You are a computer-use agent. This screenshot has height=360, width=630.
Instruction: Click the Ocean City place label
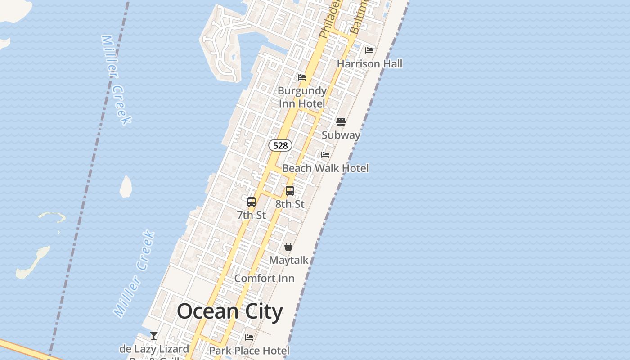229,311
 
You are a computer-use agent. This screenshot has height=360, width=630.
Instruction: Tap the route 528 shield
280,145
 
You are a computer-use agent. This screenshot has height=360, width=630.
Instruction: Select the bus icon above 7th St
252,202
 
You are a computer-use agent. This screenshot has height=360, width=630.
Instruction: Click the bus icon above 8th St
290,191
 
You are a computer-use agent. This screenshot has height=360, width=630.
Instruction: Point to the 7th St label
252,215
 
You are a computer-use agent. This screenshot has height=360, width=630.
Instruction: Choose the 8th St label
290,204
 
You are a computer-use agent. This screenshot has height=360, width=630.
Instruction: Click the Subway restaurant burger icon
341,122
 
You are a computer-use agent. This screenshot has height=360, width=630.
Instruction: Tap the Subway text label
341,135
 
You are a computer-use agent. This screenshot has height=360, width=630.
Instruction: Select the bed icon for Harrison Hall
369,50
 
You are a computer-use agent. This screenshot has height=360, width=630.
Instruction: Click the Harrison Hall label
369,64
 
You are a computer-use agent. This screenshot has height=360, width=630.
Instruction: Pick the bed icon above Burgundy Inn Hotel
302,77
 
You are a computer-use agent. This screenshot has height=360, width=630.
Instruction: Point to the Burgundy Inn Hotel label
302,97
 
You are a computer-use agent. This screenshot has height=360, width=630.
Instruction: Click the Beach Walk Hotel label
325,168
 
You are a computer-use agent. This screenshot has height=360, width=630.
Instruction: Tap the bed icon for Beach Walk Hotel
325,155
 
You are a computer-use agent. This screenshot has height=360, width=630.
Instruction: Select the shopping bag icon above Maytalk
288,247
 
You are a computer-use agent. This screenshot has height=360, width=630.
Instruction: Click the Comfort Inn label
265,279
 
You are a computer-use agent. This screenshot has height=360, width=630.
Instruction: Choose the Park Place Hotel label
249,350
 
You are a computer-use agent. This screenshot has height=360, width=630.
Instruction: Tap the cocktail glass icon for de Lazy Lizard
154,336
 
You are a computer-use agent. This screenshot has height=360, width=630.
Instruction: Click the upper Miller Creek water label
116,80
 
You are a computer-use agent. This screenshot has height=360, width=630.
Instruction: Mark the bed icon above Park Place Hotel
249,337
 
